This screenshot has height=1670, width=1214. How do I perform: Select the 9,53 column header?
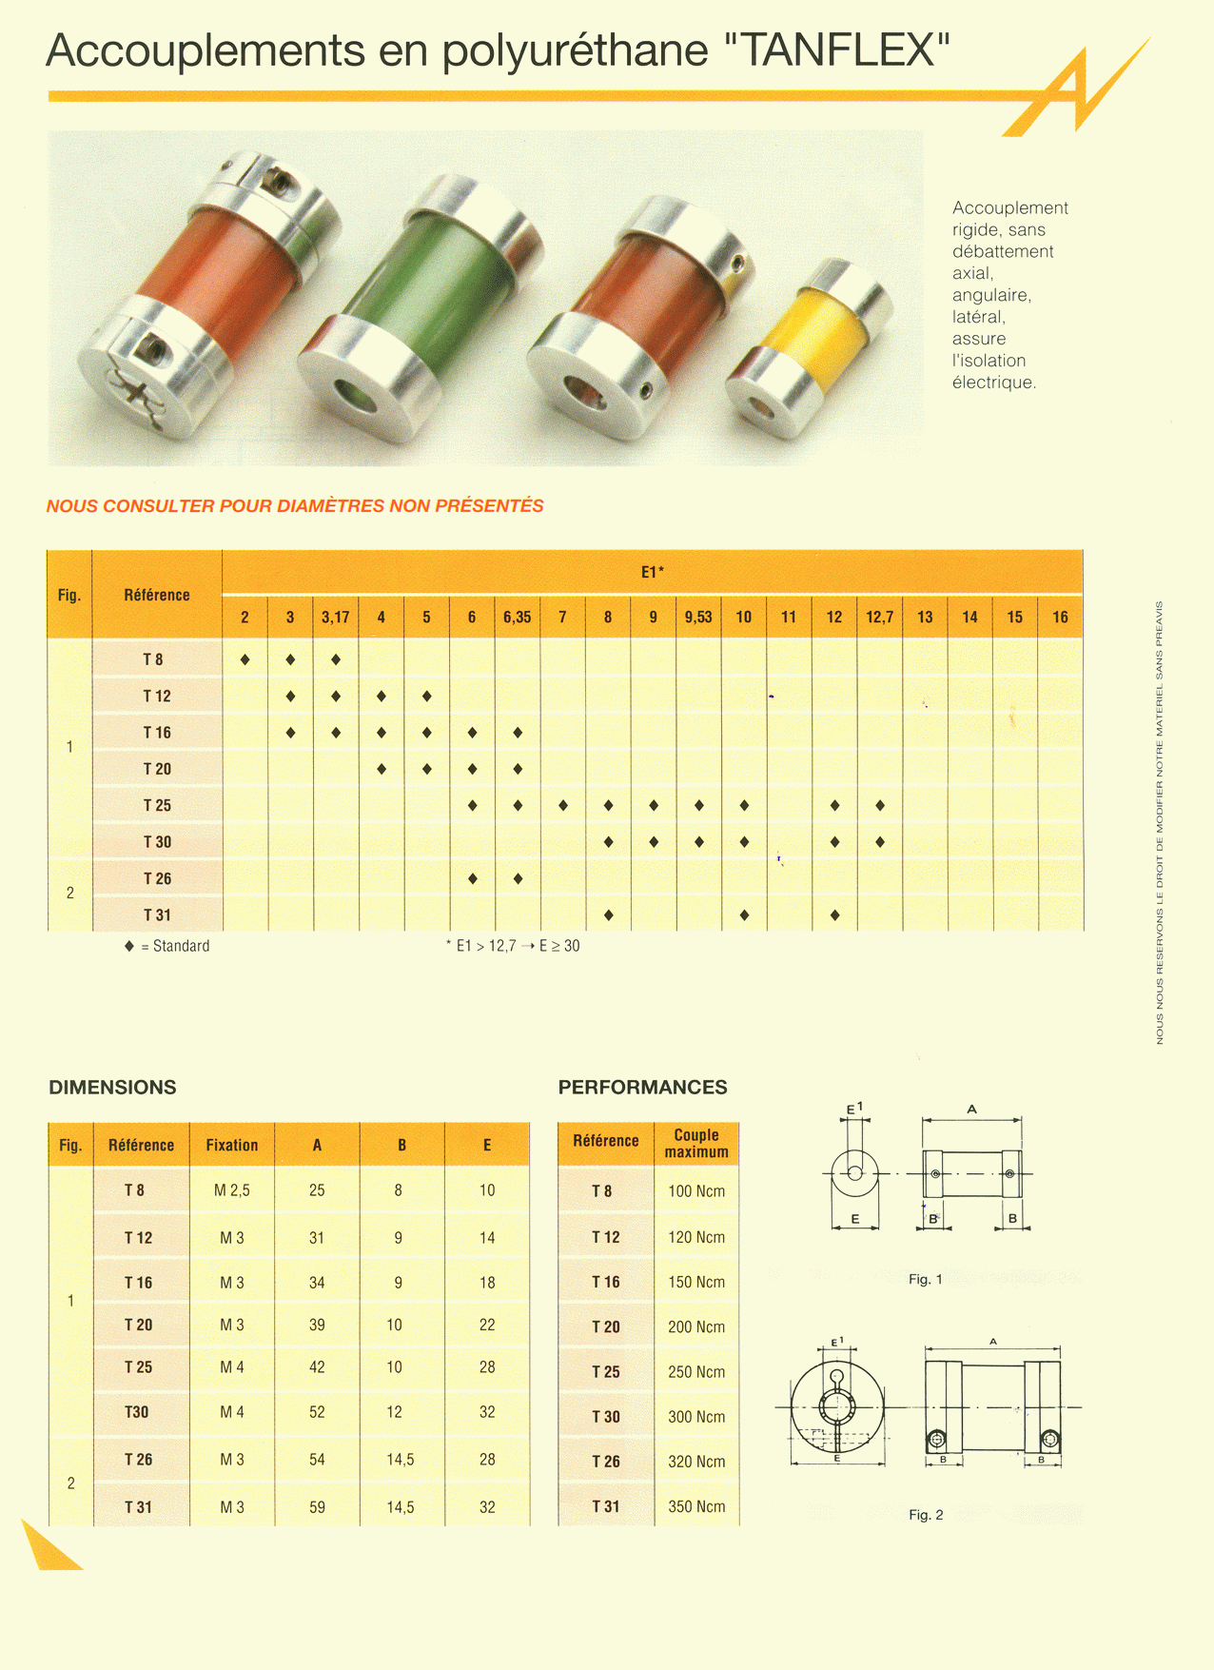(698, 618)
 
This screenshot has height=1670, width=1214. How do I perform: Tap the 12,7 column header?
(879, 618)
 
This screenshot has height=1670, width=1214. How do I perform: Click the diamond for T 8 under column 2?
(245, 659)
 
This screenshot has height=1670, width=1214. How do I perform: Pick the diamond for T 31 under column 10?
(744, 915)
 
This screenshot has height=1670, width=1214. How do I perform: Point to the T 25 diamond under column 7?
(563, 806)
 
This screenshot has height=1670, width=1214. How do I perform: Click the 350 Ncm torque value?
(696, 1506)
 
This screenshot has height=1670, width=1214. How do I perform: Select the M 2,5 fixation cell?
(232, 1190)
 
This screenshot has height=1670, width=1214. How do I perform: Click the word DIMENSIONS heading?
(112, 1087)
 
